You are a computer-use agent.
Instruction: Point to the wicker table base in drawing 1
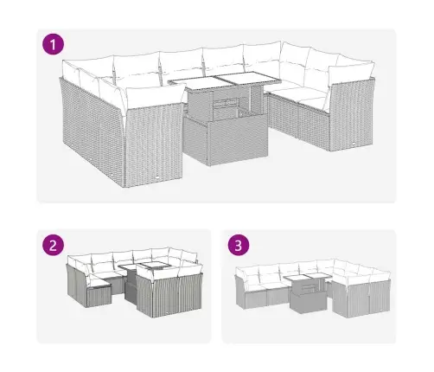pyautogui.click(x=227, y=143)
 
